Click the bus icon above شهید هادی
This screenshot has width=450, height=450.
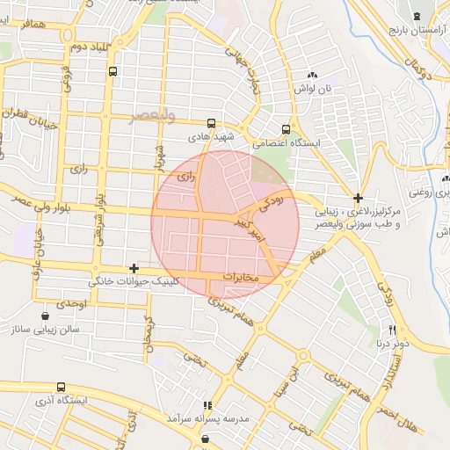tap(210, 124)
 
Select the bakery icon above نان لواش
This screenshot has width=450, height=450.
tap(313, 76)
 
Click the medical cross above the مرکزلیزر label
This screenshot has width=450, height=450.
tap(358, 198)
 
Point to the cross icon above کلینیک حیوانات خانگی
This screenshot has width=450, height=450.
tap(134, 267)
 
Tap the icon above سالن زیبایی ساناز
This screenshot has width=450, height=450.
tap(45, 316)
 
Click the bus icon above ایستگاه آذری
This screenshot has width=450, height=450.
tap(61, 387)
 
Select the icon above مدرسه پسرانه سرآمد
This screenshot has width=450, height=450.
tap(207, 405)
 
